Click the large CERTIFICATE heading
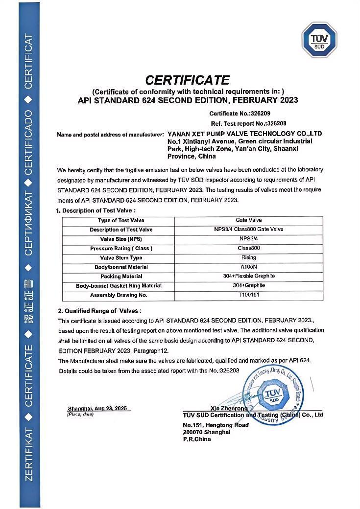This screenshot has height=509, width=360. coord(188,80)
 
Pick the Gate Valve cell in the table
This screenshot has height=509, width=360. coord(252,220)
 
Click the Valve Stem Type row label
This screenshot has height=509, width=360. coord(121,258)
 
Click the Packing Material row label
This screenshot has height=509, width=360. coord(121,277)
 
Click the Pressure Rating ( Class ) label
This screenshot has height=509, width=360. coord(121,249)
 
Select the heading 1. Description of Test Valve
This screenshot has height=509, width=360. coord(96,210)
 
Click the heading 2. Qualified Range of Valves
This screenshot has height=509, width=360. coord(99,311)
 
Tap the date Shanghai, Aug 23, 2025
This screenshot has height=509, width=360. coord(100,408)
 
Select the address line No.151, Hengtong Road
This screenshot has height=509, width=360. coord(216,425)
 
